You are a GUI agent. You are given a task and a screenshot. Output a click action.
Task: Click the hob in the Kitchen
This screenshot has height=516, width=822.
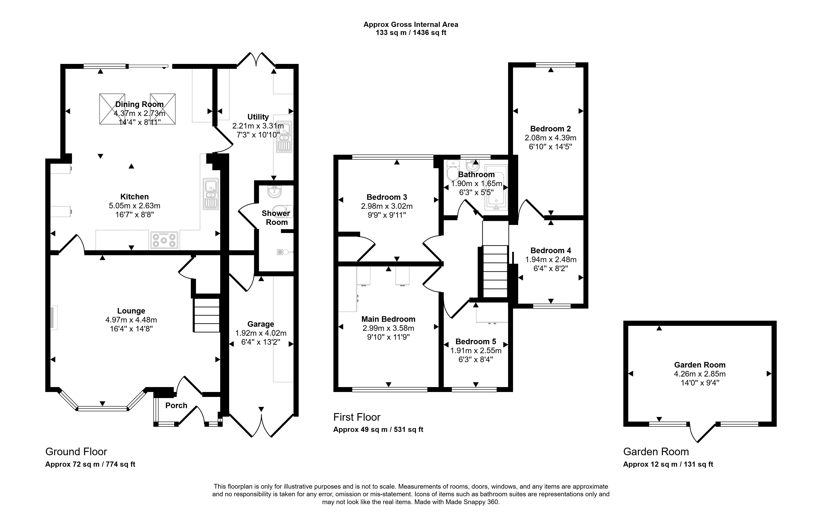click(x=164, y=240)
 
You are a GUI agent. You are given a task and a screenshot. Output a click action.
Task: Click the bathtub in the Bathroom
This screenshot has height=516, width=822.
click(x=496, y=187)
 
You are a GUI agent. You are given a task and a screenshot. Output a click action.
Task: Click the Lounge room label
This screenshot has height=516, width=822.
click(x=131, y=311)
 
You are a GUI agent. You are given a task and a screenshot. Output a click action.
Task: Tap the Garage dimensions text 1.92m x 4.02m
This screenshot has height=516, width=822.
click(x=261, y=333)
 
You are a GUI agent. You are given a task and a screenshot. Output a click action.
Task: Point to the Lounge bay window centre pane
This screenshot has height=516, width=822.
click(x=102, y=408)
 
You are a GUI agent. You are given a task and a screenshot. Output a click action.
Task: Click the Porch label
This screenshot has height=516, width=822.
click(x=176, y=405)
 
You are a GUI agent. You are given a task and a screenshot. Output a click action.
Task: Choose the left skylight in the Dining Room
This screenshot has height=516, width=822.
click(x=112, y=109)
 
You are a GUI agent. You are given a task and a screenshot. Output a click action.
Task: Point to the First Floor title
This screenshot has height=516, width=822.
click(x=357, y=417)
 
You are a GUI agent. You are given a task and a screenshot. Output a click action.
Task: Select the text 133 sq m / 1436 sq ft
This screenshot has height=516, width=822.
click(x=411, y=33)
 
